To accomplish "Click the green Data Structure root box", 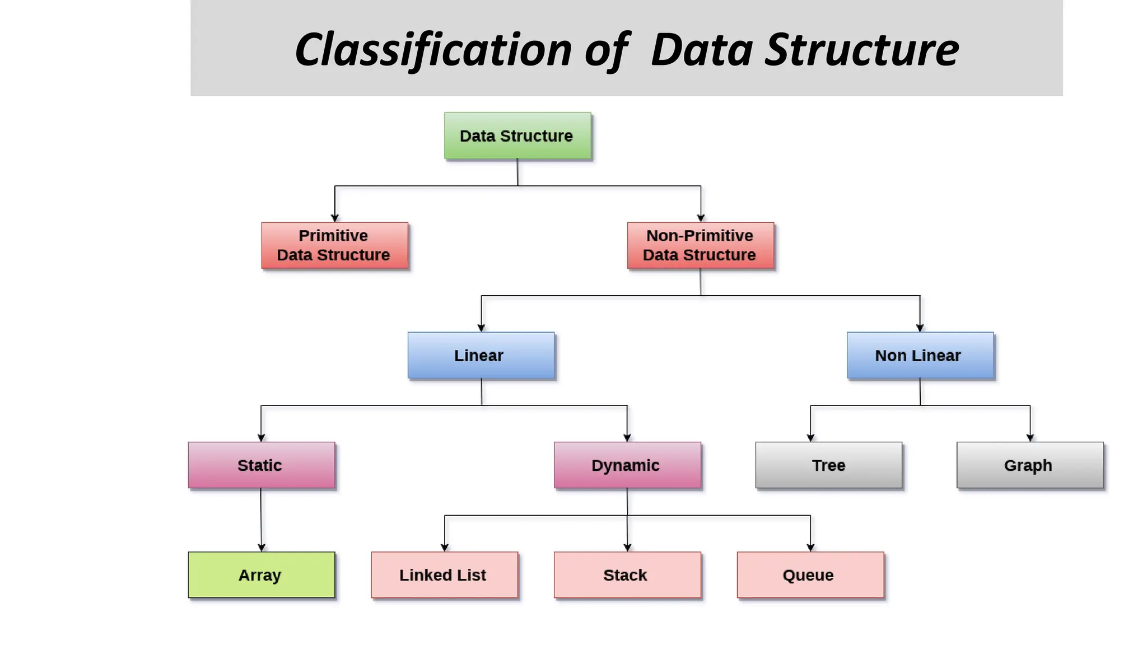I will [517, 136].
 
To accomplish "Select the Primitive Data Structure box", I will [334, 245].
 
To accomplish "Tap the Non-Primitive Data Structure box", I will [700, 245].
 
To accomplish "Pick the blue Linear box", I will [481, 356].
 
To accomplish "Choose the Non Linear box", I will [920, 356].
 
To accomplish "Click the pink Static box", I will [261, 465].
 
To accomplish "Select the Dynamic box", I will [627, 465].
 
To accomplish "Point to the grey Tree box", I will [828, 465].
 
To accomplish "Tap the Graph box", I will [1029, 465].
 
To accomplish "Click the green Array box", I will [261, 575].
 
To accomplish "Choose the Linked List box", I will [444, 575].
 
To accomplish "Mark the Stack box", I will [627, 575].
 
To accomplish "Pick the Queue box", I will [810, 575].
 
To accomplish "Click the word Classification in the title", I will [433, 50].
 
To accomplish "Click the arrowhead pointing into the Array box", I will [261, 548].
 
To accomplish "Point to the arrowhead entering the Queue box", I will [810, 548].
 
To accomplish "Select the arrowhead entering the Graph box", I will [1029, 438].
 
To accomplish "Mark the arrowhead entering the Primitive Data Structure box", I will [334, 218].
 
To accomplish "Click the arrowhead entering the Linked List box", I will [444, 548].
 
